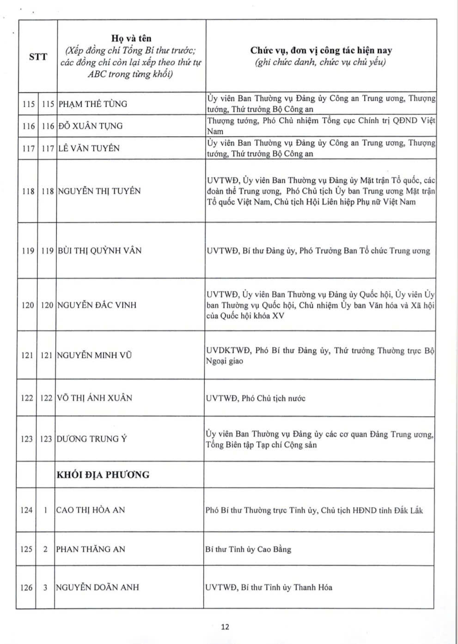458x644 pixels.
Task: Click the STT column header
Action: pos(38,57)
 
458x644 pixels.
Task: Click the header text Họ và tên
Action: pos(131,38)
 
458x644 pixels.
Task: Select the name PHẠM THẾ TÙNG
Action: pos(92,104)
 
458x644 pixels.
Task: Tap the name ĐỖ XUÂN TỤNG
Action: pos(91,126)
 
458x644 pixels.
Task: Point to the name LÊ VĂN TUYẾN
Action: pos(89,148)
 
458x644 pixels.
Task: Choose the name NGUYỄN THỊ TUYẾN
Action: pos(99,191)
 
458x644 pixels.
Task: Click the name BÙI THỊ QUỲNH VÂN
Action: pos(99,250)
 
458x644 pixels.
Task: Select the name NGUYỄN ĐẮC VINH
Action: pos(97,305)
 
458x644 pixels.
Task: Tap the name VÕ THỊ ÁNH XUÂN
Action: pos(94,398)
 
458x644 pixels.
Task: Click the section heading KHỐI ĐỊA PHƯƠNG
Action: pos(103,474)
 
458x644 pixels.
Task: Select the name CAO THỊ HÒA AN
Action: pos(91,510)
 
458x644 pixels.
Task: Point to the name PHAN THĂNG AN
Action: pos(91,549)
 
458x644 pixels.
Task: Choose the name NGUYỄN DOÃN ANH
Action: pos(98,588)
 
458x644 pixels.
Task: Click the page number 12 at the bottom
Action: pos(225,627)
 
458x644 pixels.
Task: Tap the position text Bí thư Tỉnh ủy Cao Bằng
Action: pos(249,549)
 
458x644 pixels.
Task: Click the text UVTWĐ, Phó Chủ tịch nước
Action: pos(256,398)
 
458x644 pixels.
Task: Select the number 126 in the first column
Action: pos(27,588)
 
